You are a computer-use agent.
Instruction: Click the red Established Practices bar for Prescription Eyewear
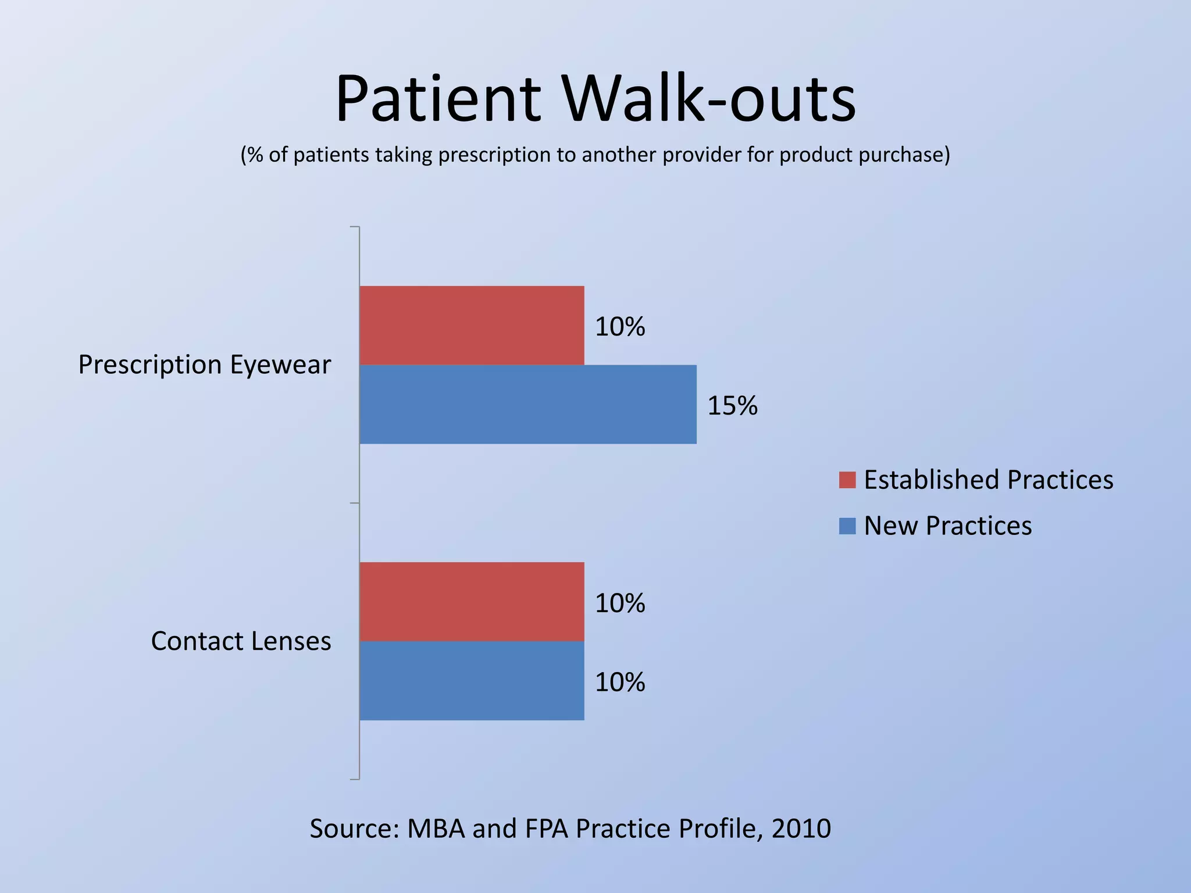472,326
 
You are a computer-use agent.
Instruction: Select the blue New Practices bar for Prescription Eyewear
527,405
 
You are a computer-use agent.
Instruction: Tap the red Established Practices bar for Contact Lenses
472,602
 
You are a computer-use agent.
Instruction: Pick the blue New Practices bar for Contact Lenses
472,681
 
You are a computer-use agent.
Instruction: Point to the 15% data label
732,406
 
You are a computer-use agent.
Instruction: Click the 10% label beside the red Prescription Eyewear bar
620,327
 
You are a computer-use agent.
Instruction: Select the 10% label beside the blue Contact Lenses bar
620,683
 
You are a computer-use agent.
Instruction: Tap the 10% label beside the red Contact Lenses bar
620,603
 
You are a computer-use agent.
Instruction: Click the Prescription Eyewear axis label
205,365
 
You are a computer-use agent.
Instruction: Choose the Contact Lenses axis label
241,641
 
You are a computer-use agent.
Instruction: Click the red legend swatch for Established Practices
847,480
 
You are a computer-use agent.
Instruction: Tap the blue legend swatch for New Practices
847,526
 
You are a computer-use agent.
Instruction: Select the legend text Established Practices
989,480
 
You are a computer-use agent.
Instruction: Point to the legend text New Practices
948,526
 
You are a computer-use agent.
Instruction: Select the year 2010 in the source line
801,828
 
